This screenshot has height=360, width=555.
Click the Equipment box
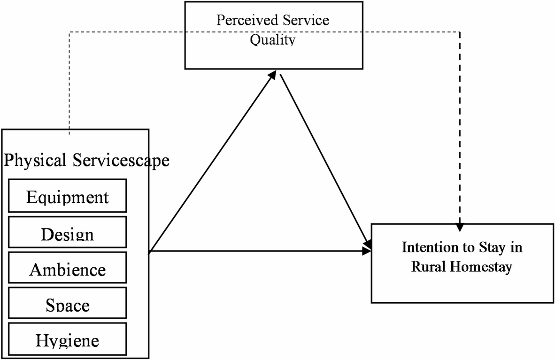(67, 197)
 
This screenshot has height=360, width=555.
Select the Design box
(67, 233)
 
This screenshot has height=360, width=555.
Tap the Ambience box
(67, 269)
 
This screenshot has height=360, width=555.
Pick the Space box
(67, 305)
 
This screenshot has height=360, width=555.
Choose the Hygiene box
(67, 340)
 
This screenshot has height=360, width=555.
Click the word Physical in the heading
(35, 161)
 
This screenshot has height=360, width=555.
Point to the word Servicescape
(121, 161)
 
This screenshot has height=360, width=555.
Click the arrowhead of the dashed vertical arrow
(460, 228)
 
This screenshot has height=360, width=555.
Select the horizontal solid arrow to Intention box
(258, 252)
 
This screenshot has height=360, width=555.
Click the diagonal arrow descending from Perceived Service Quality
(324, 160)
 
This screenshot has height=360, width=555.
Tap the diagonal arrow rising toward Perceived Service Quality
(211, 162)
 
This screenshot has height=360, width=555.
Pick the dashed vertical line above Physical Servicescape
(69, 84)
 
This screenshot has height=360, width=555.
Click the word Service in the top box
(306, 20)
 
